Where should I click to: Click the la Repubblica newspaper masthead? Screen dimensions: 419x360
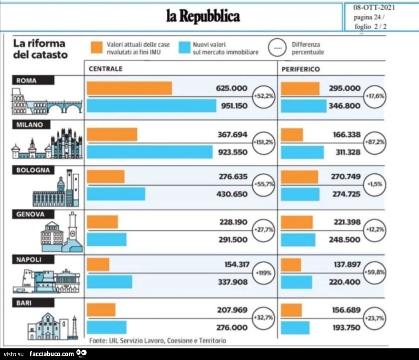point(203,16)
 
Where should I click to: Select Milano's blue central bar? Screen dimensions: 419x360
point(149,152)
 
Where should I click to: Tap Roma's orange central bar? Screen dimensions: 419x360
point(129,88)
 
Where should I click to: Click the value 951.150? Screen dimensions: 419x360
point(234,106)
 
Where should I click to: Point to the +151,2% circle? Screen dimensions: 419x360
point(264,143)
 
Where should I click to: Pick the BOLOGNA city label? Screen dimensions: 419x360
point(33,170)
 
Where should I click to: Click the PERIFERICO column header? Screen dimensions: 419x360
point(301,69)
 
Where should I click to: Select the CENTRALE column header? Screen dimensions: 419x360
point(106,68)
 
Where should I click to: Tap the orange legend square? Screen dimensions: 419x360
point(96,48)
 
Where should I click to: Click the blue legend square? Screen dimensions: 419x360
point(185,48)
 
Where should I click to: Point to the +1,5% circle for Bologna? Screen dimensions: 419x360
point(375,184)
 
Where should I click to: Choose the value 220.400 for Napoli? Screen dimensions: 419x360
point(345,282)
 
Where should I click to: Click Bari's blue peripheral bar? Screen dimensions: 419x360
point(295,327)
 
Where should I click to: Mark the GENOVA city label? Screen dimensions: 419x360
point(30,214)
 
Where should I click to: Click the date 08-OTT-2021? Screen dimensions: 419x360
point(374,7)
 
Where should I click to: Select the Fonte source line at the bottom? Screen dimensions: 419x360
point(158,340)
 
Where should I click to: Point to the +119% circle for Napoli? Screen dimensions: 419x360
point(264,273)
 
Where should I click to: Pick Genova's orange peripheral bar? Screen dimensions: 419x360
point(297,222)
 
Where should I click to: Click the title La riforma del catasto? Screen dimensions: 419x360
point(41,49)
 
